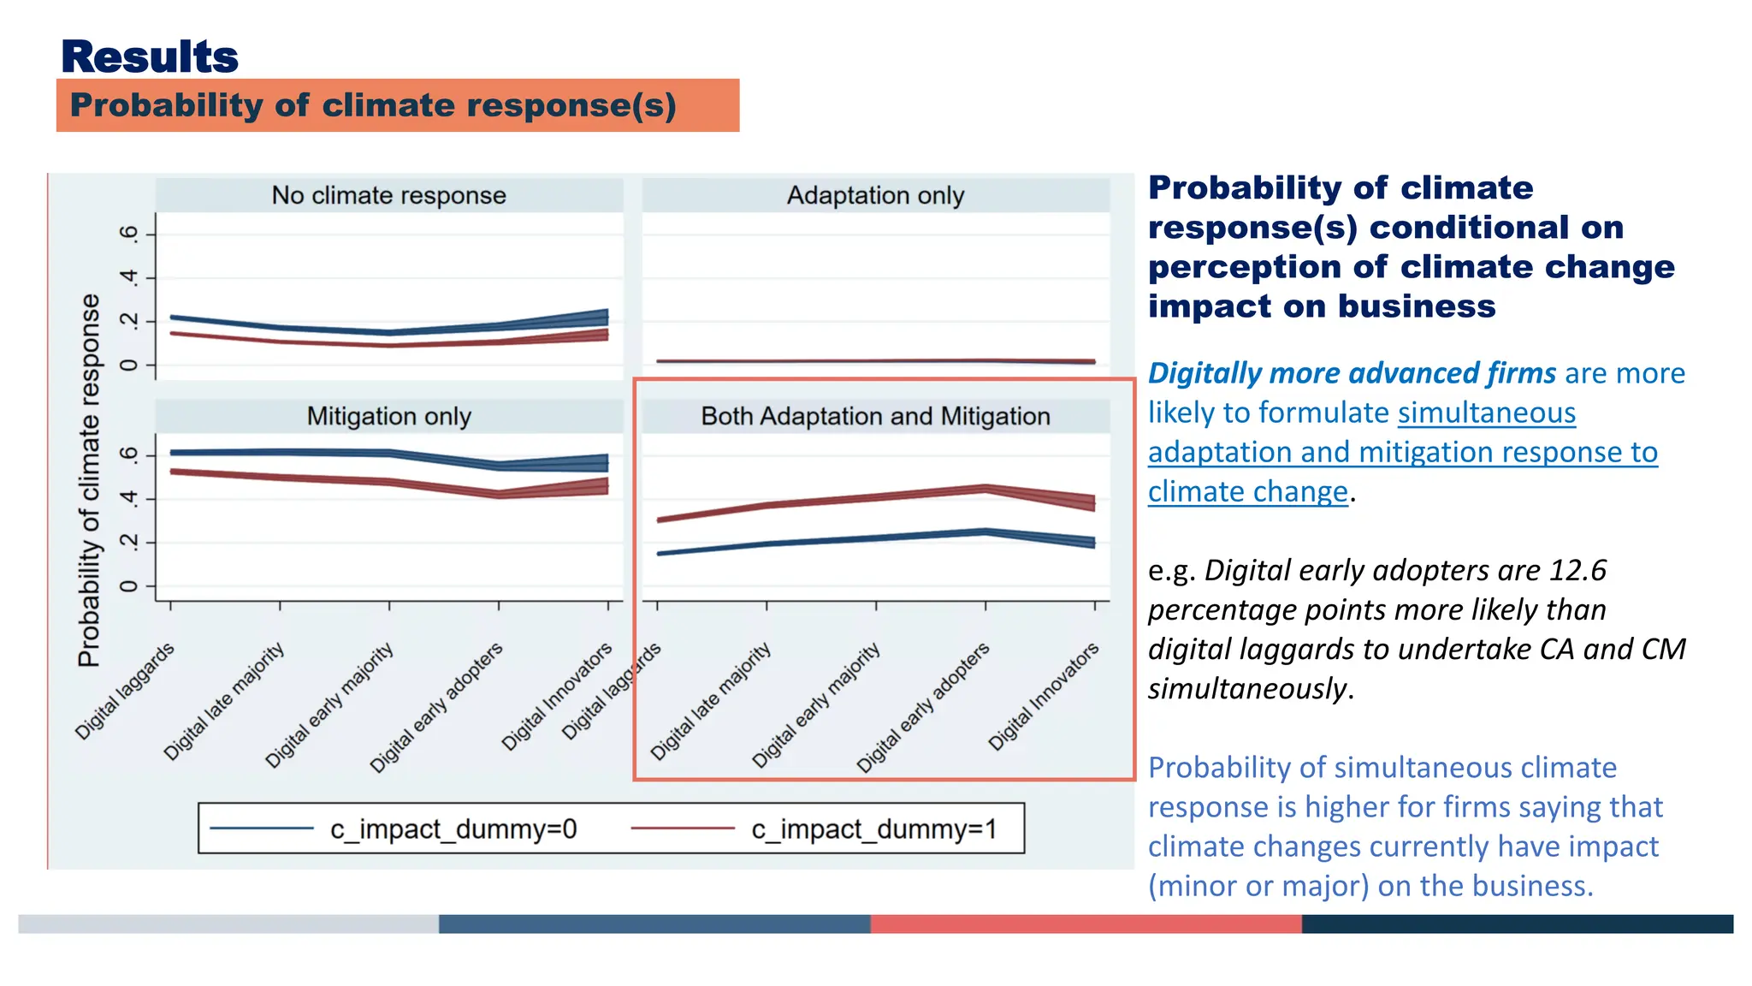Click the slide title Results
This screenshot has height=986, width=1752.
pyautogui.click(x=149, y=57)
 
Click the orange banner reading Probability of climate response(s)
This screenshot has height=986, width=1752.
pyautogui.click(x=373, y=105)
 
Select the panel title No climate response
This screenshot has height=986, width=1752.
pyautogui.click(x=388, y=195)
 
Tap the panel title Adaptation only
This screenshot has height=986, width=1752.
pyautogui.click(x=875, y=195)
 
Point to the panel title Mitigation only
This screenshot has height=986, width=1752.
pyautogui.click(x=388, y=416)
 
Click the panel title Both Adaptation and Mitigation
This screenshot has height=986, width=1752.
pyautogui.click(x=875, y=416)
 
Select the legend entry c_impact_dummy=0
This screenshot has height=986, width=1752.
pyautogui.click(x=453, y=829)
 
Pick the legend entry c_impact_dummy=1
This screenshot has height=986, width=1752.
pyautogui.click(x=873, y=829)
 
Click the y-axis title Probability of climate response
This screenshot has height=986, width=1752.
pyautogui.click(x=89, y=479)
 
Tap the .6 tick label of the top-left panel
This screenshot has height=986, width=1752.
pyautogui.click(x=127, y=234)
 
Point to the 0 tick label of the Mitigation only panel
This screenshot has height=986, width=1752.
pyautogui.click(x=127, y=586)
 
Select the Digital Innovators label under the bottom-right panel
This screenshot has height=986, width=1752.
pyautogui.click(x=1043, y=697)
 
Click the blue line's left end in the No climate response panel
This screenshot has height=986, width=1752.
pyautogui.click(x=172, y=317)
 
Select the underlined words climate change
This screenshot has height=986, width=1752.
pyautogui.click(x=1247, y=492)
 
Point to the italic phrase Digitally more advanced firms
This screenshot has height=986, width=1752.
pyautogui.click(x=1352, y=374)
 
